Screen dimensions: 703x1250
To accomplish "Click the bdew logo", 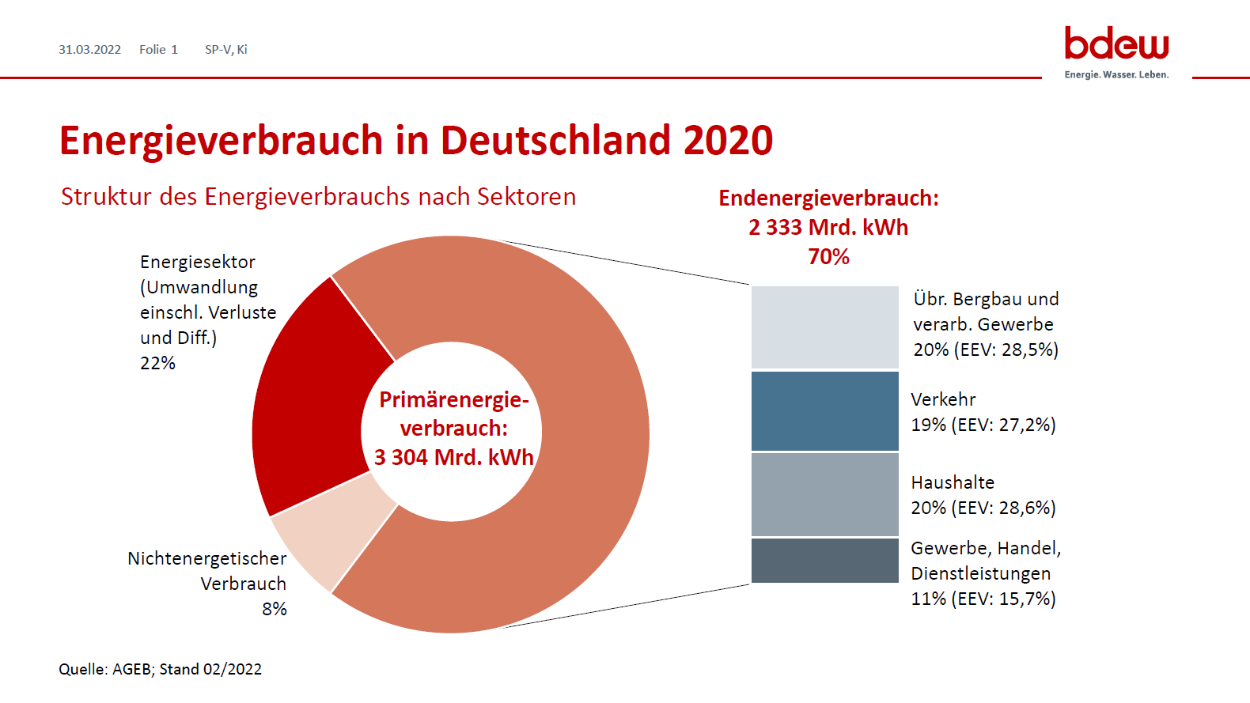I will point(1116,43).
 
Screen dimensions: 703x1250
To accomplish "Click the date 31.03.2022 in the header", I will point(89,49).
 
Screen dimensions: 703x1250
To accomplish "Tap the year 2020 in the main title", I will point(728,141).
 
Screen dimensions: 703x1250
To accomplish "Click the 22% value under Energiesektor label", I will point(157,363).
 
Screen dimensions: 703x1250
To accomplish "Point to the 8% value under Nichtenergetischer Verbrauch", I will point(275,609).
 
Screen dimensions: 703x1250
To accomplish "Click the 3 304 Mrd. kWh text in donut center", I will point(453,457).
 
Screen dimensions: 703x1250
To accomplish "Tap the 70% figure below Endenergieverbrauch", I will point(828,256).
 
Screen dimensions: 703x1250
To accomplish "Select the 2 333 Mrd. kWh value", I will point(828,227).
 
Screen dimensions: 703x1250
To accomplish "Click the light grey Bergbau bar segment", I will point(824,327).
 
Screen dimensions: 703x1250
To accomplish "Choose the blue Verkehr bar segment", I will point(824,411).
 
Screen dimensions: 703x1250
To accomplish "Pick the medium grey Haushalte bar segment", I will point(824,494).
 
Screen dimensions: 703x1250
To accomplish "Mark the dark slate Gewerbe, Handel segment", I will point(824,561).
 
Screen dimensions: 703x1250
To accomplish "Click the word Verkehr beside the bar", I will point(943,399).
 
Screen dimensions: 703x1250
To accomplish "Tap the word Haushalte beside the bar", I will point(953,482).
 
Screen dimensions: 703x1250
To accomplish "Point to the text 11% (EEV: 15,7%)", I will point(983,599).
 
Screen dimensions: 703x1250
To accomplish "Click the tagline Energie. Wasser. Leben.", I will point(1116,74).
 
